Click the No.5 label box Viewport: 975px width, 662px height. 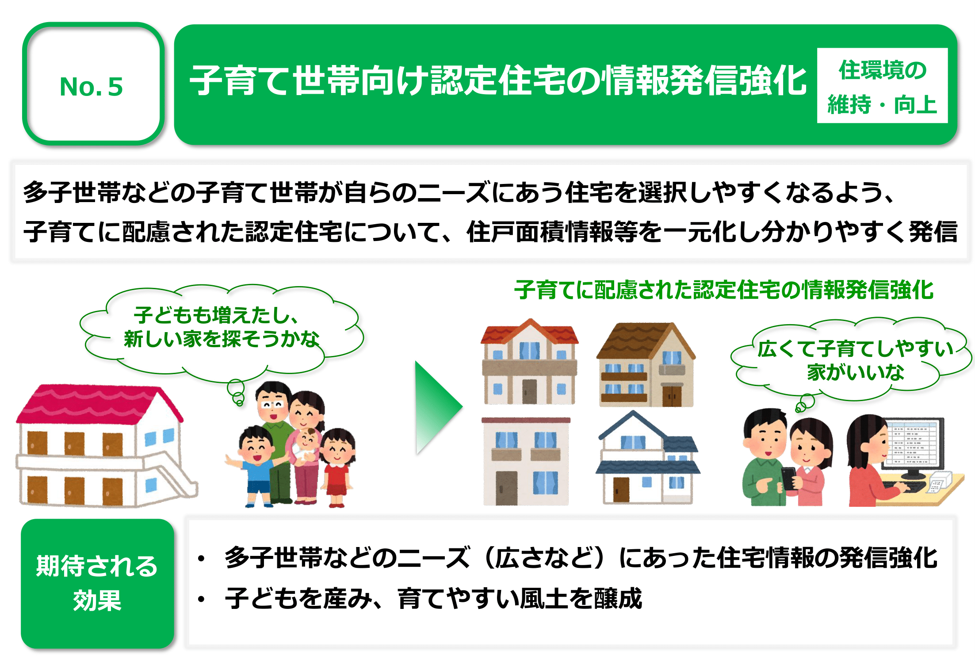point(93,84)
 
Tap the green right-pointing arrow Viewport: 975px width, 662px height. point(438,407)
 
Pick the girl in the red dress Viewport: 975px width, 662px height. point(337,467)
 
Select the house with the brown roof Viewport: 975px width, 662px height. point(646,364)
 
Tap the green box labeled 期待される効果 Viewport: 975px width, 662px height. point(97,584)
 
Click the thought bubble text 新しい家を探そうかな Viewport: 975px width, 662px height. point(222,339)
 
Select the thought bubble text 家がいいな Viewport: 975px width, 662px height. point(855,372)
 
